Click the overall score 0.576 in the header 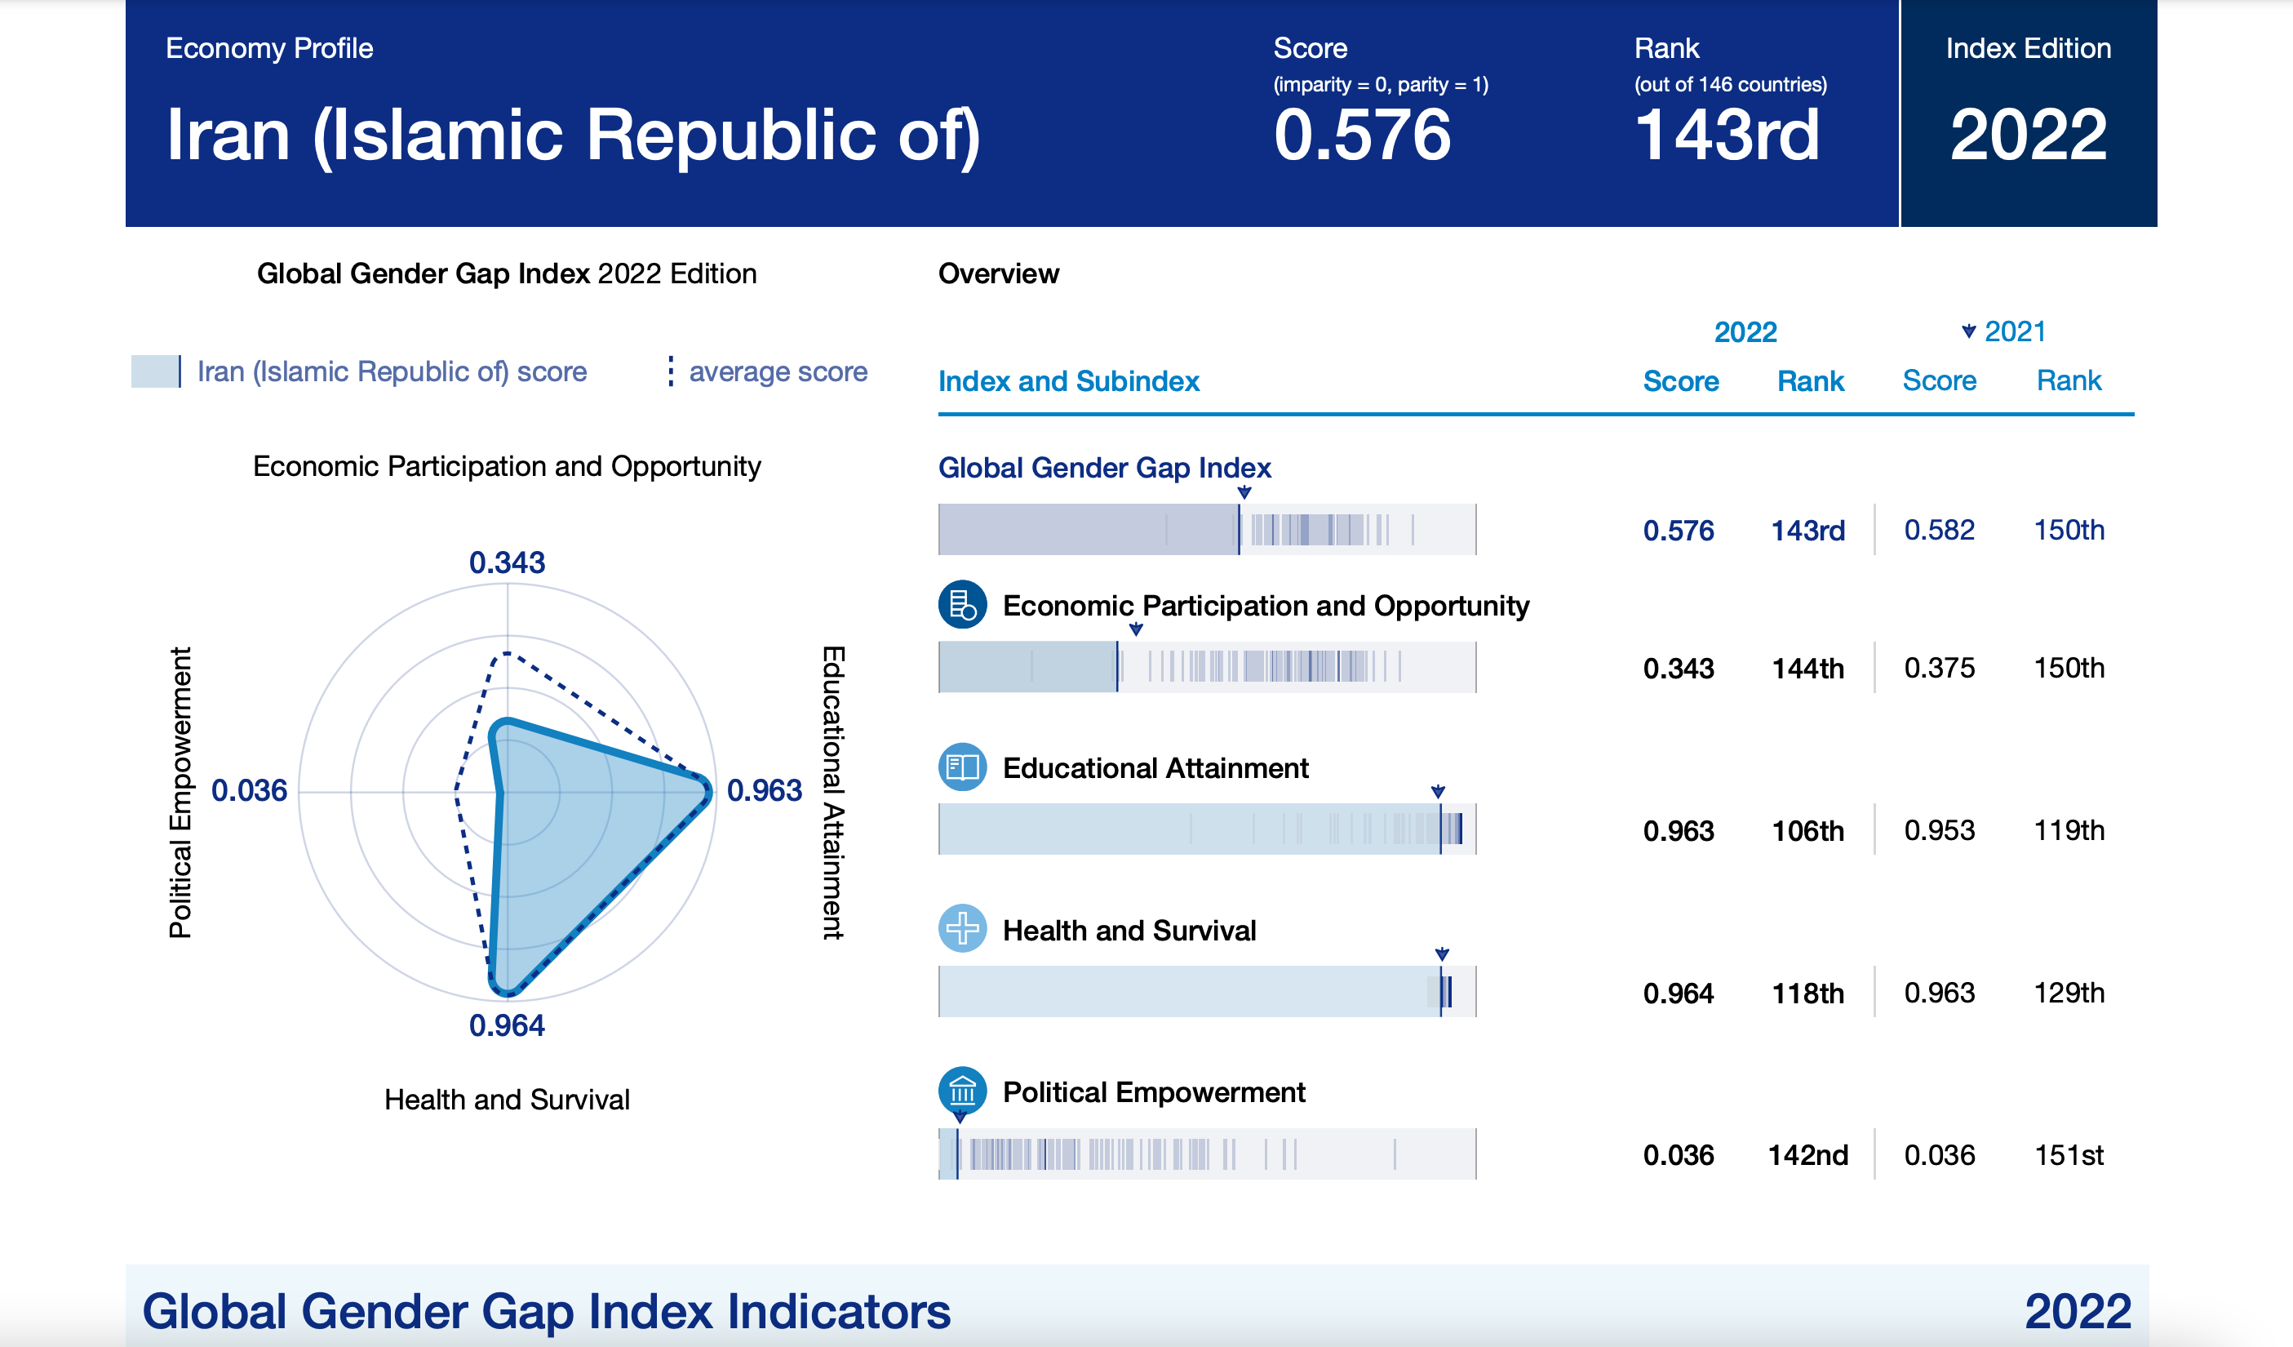1361,135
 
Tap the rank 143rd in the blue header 1726,135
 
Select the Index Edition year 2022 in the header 2027,135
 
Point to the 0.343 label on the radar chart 507,562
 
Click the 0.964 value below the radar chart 507,1025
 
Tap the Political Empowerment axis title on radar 181,792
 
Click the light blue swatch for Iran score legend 155,371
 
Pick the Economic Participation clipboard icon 962,604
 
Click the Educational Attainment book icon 962,767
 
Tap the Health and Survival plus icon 962,928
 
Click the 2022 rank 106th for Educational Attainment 1807,830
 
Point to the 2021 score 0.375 1939,668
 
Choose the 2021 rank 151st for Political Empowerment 2069,1155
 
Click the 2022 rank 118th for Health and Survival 1807,993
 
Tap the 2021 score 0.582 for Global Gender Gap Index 1939,530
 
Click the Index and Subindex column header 1068,380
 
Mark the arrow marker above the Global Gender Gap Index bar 1244,492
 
